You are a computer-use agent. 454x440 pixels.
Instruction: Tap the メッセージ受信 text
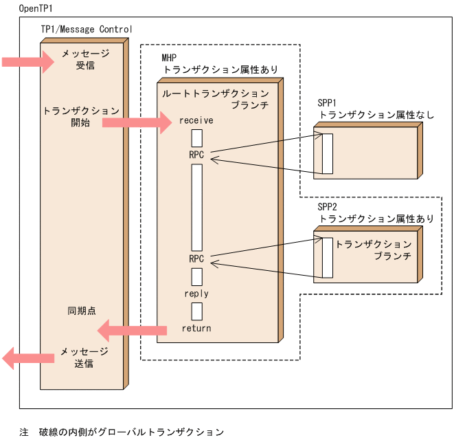[84, 60]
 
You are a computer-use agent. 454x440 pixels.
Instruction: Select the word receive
[196, 120]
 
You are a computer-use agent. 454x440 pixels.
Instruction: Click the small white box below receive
[196, 137]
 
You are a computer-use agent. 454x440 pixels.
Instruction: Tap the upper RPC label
[196, 155]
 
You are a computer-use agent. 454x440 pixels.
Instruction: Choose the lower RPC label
[196, 258]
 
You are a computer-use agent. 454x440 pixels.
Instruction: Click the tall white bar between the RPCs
[196, 207]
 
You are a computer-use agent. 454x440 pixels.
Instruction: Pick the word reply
[196, 294]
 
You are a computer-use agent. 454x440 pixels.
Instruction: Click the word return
[196, 328]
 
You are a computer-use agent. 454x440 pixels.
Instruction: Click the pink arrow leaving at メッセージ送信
[27, 357]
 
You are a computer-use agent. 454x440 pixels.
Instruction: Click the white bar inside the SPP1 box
[328, 153]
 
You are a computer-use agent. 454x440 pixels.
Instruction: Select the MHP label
[169, 58]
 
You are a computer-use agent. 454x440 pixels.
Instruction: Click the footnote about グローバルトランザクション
[122, 432]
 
